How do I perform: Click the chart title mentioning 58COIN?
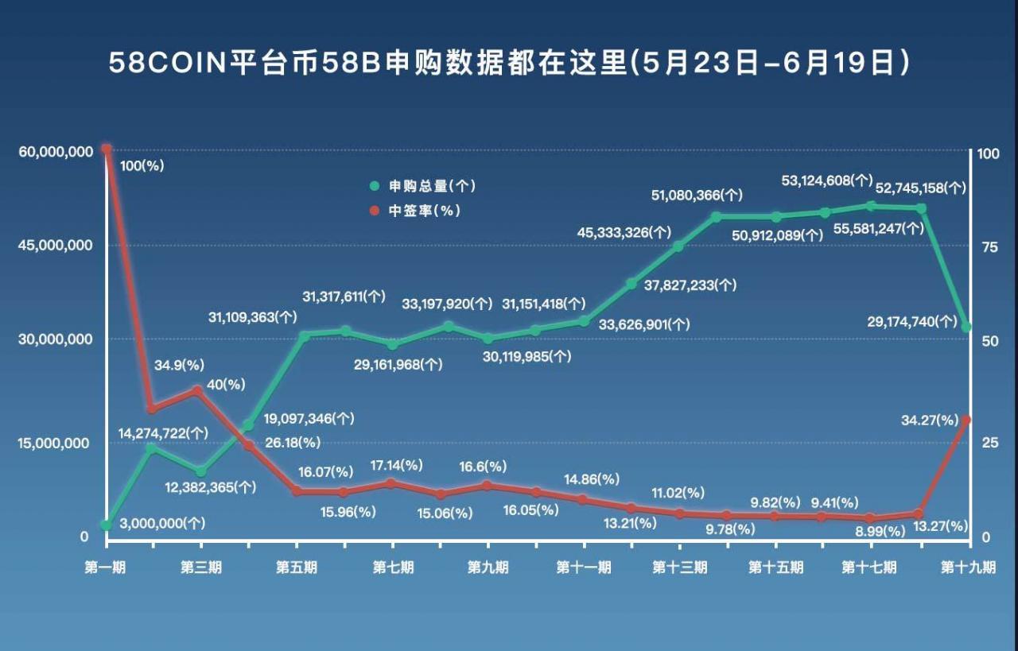pyautogui.click(x=509, y=63)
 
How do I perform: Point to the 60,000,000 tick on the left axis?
pyautogui.click(x=52, y=151)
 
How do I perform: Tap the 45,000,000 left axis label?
pyautogui.click(x=52, y=246)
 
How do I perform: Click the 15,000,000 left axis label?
pyautogui.click(x=52, y=443)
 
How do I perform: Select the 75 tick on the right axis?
pyautogui.click(x=989, y=247)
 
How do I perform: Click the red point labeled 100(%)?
pyautogui.click(x=106, y=149)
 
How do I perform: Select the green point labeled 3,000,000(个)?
pyautogui.click(x=106, y=525)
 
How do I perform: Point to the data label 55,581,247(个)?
pyautogui.click(x=878, y=228)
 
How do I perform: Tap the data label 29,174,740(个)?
pyautogui.click(x=914, y=322)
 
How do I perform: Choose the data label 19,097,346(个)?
pyautogui.click(x=309, y=418)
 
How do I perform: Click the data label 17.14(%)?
pyautogui.click(x=397, y=464)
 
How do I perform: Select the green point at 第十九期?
pyautogui.click(x=966, y=327)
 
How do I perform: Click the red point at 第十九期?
pyautogui.click(x=966, y=420)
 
